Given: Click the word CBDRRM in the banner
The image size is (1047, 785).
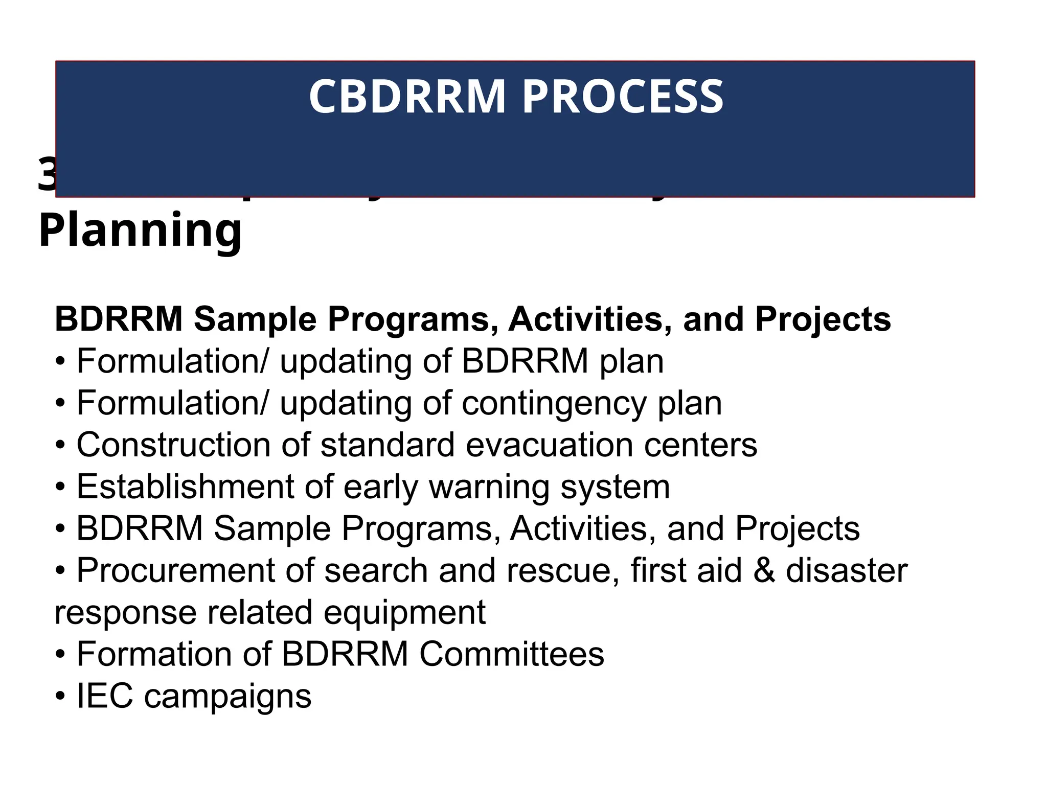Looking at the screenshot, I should coord(407,97).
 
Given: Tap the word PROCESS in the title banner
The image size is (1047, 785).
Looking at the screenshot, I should coord(622,97).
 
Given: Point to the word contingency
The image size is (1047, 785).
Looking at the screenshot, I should coord(554,403).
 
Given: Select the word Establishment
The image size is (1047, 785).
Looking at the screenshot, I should coord(185,487).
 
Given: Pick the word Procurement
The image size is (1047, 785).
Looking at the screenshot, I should coord(175,570).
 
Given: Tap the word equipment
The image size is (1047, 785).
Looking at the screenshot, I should coord(404,612).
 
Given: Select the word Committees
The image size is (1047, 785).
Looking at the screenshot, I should coord(512,654).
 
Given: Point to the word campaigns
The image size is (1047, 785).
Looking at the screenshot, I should coord(227,696).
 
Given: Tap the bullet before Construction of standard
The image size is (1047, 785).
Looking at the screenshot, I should coord(61,446).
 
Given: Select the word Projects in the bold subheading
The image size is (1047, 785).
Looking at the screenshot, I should coord(823,319).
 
